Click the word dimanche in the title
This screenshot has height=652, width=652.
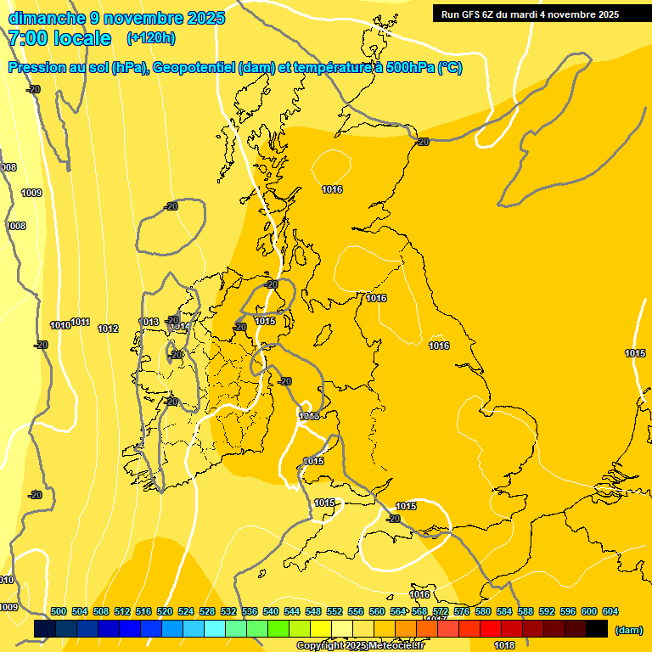pos(44,18)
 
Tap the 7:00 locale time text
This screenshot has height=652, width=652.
pos(59,38)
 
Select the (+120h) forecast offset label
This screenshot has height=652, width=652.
pos(150,38)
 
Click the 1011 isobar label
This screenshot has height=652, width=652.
pos(81,322)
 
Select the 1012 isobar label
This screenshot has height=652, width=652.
pos(108,329)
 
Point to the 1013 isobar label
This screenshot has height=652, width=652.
pos(149,322)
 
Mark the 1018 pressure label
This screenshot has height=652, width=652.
pos(504,645)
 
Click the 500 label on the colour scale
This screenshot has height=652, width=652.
pos(59,612)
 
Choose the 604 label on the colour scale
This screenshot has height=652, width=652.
pos(610,612)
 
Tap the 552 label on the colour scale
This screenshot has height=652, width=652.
pos(334,612)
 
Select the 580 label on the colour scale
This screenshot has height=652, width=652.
pos(483,612)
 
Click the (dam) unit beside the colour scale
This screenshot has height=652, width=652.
pos(628,630)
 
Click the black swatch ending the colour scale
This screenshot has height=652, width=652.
pos(597,628)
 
